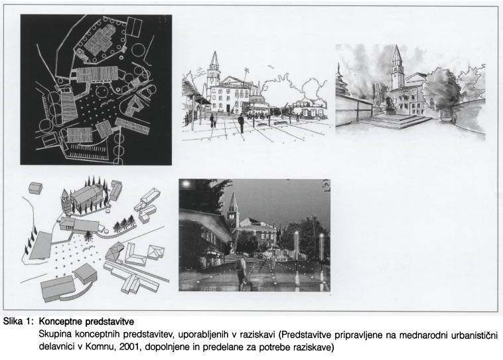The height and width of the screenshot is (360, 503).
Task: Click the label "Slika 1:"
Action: pyautogui.click(x=19, y=322)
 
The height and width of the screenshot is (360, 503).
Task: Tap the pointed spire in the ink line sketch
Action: pyautogui.click(x=214, y=58)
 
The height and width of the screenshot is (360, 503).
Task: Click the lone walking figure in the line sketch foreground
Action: pyautogui.click(x=241, y=124)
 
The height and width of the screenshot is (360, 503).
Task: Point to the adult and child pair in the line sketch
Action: pyautogui.click(x=213, y=122)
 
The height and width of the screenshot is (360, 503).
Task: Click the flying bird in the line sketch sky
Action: pyautogui.click(x=271, y=67)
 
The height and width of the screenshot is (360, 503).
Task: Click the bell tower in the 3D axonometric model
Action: pyautogui.click(x=66, y=201)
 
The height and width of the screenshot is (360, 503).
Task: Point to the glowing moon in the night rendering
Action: pyautogui.click(x=185, y=185)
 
